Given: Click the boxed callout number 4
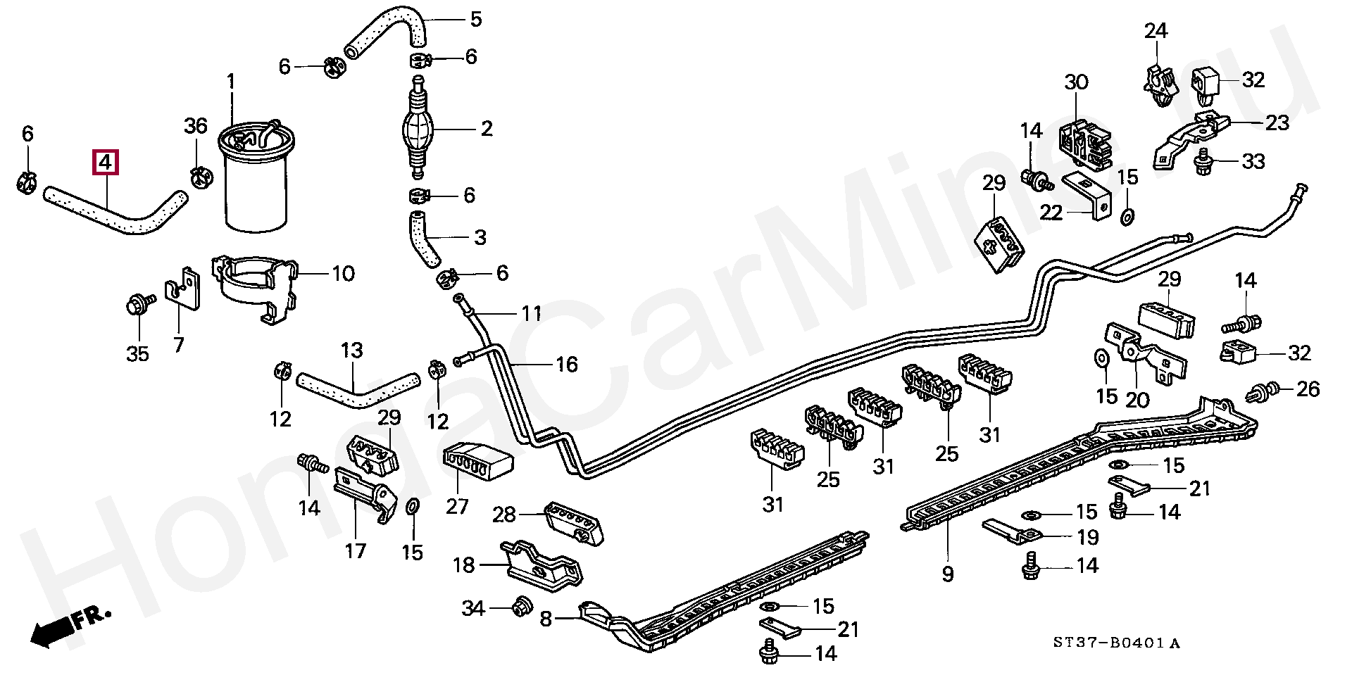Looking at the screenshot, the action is click(105, 163).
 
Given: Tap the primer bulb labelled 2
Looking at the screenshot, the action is click(418, 129).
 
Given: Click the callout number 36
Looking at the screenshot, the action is click(196, 127).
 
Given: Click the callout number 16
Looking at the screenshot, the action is click(567, 365).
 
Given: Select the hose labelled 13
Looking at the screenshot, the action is click(357, 391).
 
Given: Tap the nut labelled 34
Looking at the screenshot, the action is click(520, 606).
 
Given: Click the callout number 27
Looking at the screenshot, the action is click(457, 506).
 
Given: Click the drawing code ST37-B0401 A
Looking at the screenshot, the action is click(1116, 643).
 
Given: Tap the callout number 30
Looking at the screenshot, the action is click(1076, 82).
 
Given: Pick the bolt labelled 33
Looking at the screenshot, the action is click(1204, 162).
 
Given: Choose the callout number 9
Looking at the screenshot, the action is click(948, 574).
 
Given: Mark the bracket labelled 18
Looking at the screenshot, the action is click(540, 565).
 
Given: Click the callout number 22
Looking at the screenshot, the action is click(1051, 213).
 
